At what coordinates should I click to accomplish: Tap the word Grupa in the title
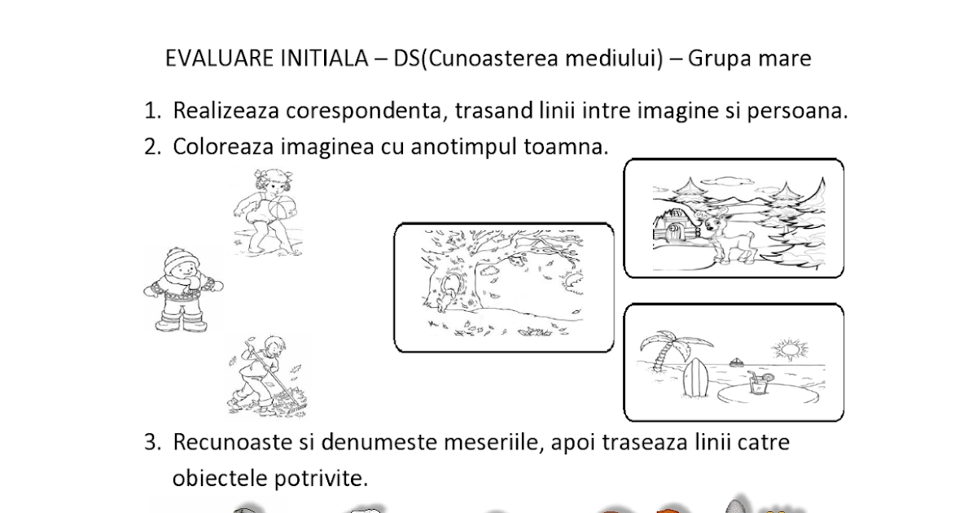pos(721,59)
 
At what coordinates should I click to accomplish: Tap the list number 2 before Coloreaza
pos(151,147)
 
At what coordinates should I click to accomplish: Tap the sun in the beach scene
pos(788,353)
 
